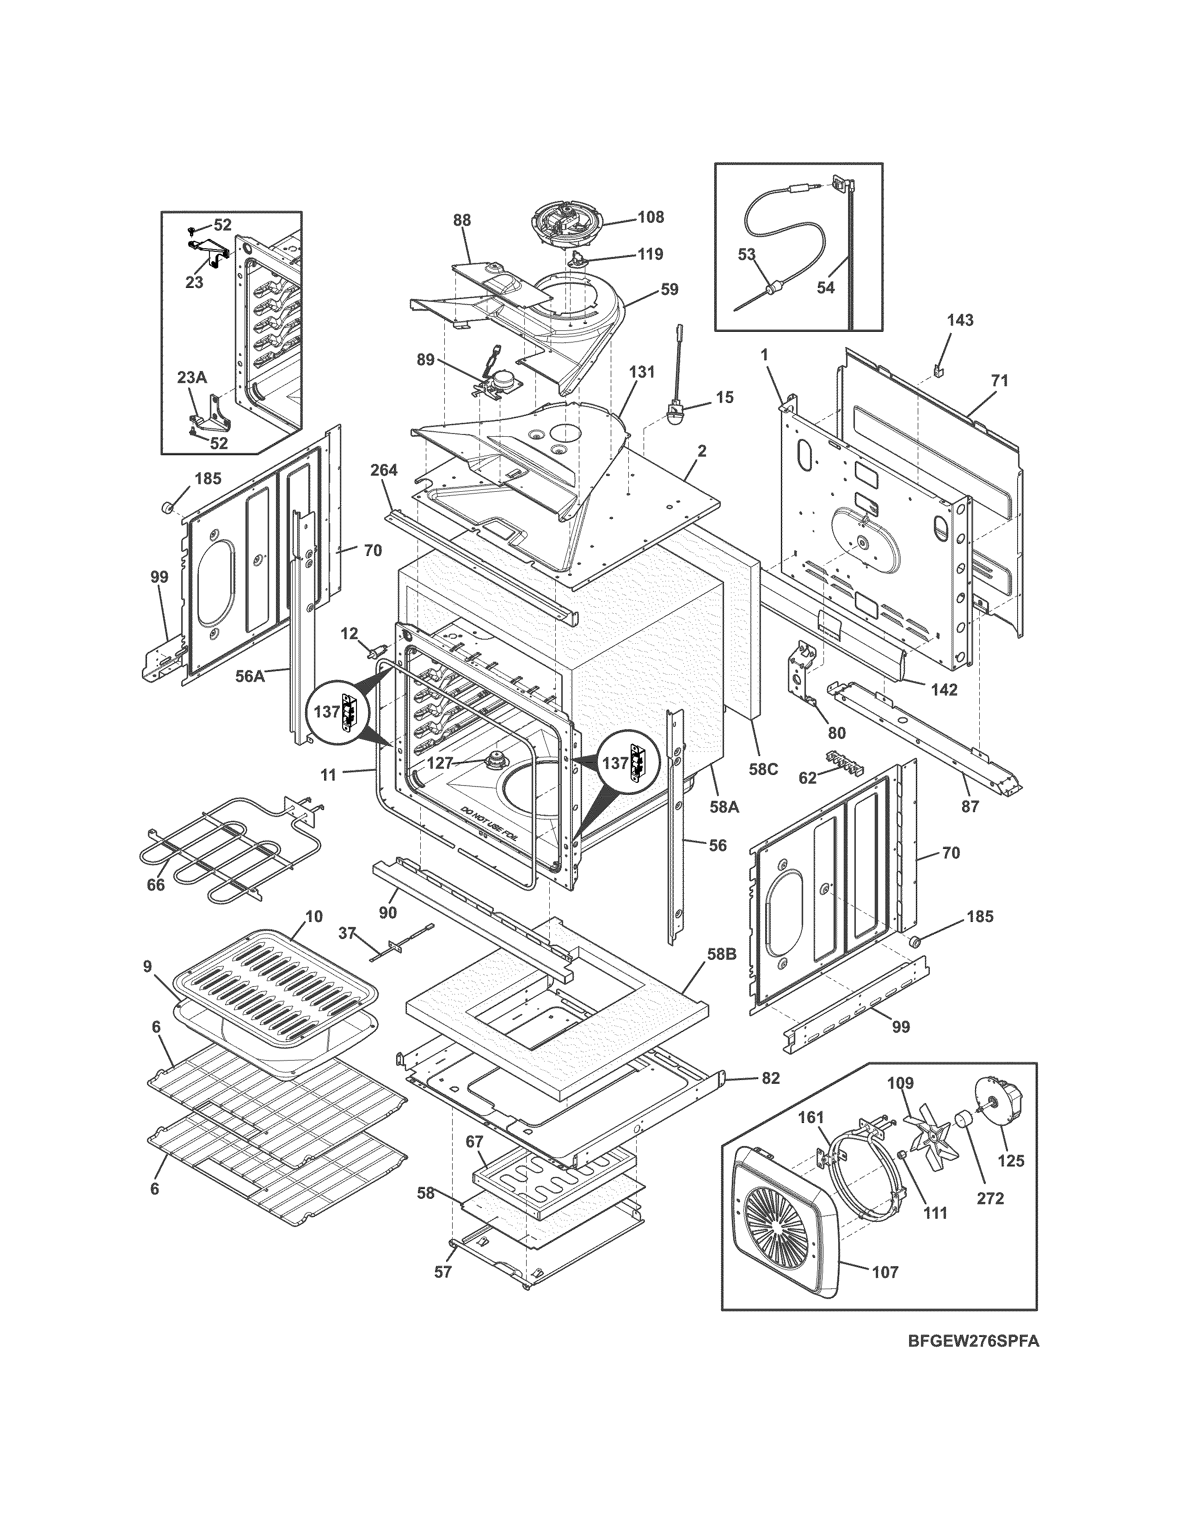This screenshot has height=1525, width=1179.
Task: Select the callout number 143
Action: click(x=960, y=321)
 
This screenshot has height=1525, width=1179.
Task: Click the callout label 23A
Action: click(x=191, y=378)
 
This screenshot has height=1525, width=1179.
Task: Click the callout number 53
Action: click(x=747, y=255)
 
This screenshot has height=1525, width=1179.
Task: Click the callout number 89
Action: click(x=425, y=360)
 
